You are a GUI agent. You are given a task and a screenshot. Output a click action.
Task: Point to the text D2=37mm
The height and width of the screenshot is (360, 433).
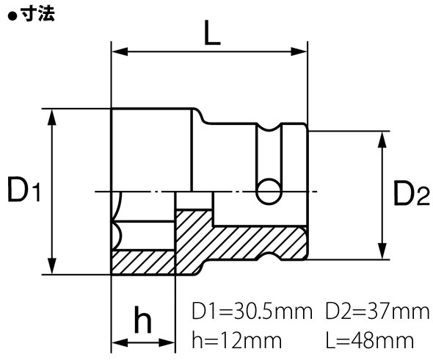point(379,311)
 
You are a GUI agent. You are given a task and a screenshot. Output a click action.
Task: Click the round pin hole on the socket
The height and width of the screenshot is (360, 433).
point(269,191)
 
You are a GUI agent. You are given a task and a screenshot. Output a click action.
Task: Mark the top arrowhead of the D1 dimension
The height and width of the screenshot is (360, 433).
point(51,114)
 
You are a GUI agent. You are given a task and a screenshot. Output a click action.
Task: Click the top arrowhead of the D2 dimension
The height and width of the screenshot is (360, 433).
point(382,137)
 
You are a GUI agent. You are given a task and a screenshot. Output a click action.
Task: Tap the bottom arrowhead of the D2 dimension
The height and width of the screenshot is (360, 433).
point(382,253)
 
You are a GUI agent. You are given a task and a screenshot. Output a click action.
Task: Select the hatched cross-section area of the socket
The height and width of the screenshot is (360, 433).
point(242,239)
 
